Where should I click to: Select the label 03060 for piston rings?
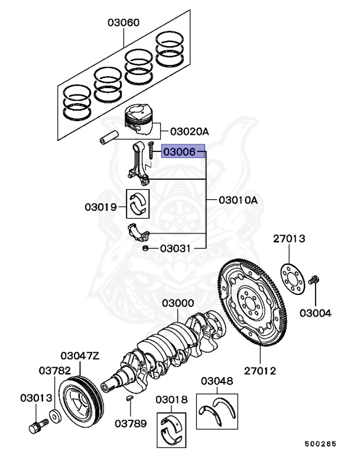coord(124,23)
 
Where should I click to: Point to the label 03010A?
coord(238,200)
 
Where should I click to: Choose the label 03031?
coord(174,249)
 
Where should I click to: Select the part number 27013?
coord(289,239)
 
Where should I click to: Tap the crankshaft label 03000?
coord(178,303)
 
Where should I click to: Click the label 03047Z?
coord(80,356)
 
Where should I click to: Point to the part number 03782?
coord(56,371)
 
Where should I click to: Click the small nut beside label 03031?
coord(146,249)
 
